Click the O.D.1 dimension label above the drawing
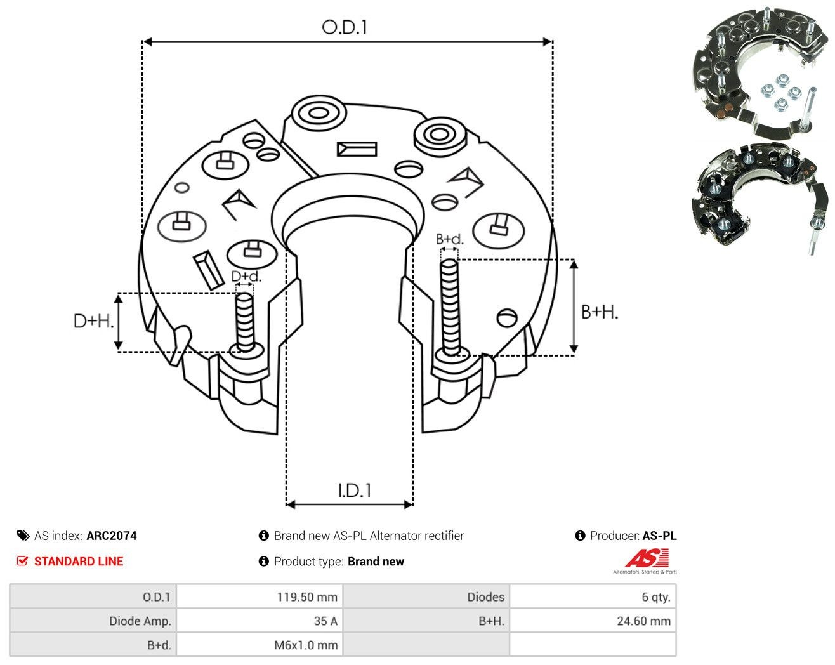click(344, 27)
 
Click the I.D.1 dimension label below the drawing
click(354, 491)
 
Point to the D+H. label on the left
click(93, 321)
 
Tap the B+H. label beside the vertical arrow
click(599, 312)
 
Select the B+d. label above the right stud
click(449, 239)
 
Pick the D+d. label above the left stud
click(246, 277)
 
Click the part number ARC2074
click(112, 536)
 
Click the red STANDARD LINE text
click(79, 562)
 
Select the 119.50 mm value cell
click(260, 596)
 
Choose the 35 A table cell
click(260, 621)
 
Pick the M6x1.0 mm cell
click(260, 645)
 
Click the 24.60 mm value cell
click(593, 621)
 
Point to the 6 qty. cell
click(593, 596)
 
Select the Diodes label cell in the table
click(426, 596)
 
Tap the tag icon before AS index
click(23, 536)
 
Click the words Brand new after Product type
click(376, 562)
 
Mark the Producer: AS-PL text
click(633, 536)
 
